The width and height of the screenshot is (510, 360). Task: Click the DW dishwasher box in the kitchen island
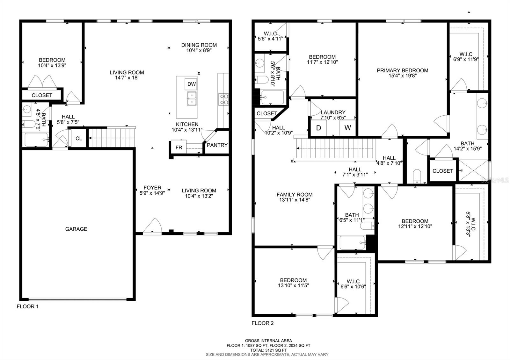191,84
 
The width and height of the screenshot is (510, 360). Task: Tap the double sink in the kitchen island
192,99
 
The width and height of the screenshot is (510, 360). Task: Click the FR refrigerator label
179,148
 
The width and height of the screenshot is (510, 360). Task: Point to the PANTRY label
217,145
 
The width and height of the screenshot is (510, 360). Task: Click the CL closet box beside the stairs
79,138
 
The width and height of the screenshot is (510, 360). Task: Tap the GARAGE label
76,229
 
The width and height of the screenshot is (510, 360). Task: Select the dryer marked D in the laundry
318,128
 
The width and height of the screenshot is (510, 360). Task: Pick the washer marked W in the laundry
347,128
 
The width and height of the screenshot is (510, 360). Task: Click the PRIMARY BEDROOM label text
402,70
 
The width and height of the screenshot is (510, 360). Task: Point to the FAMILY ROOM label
295,195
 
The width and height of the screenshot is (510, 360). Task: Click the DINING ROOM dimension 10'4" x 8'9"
199,50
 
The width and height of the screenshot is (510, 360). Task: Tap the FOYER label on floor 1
152,188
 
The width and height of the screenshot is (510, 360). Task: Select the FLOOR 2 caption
263,323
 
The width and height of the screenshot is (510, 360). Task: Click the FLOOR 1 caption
27,306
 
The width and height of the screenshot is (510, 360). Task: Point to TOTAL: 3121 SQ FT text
268,350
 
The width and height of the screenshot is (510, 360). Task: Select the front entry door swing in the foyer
152,226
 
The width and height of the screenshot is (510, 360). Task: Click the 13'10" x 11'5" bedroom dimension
293,285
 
